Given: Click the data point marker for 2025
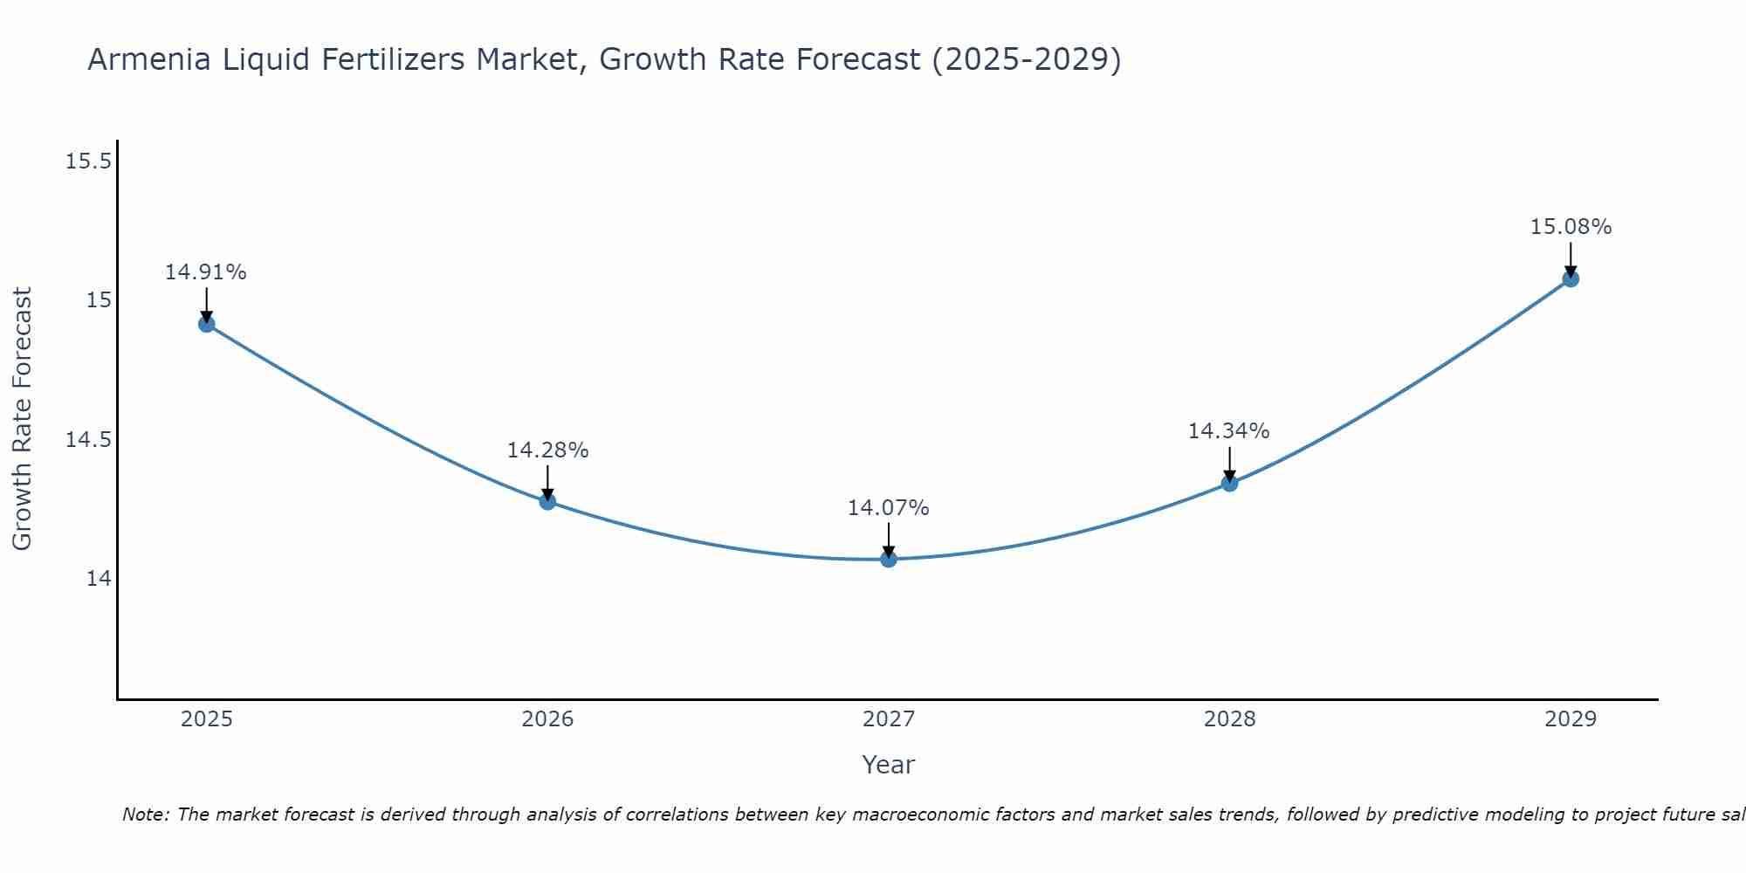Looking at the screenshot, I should pos(207,324).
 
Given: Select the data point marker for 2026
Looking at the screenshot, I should pos(547,501).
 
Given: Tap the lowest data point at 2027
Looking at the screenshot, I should pos(889,559).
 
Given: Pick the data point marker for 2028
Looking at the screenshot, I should pos(1229,483).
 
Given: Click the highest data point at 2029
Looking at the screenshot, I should pos(1571,278).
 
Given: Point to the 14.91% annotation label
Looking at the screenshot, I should pos(206,272).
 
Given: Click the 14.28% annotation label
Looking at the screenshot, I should pos(547,450).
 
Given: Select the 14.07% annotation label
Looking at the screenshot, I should pos(889,508).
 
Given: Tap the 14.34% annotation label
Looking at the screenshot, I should pos(1229,431).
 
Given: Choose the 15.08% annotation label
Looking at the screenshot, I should pos(1571,227).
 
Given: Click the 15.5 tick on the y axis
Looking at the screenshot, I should pos(89,162).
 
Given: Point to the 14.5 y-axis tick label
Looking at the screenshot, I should pos(89,439).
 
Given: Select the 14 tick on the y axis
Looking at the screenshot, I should pos(99,578).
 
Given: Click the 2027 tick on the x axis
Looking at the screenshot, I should pos(889,719).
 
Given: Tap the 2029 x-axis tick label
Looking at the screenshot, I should pos(1571,719).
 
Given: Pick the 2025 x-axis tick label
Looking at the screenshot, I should pos(207,719).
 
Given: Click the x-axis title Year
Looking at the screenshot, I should pos(889,765).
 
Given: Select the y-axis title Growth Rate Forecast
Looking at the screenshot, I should pos(22,419).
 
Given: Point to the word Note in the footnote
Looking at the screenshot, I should pos(145,815).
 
